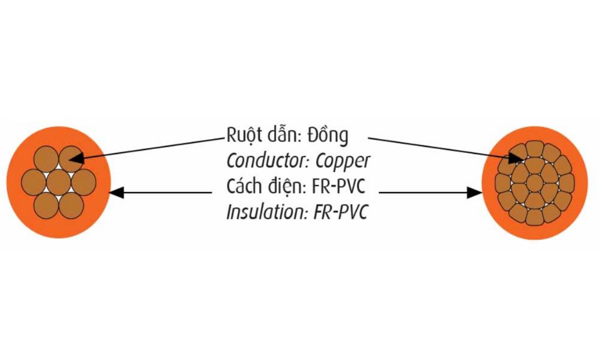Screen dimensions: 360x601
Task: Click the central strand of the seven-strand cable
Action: [58, 181]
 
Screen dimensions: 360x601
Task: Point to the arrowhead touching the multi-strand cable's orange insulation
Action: [475, 193]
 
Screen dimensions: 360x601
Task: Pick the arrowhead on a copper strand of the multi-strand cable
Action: [517, 158]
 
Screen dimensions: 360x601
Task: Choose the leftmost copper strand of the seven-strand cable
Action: [33, 181]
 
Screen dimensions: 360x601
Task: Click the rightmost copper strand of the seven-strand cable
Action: [84, 181]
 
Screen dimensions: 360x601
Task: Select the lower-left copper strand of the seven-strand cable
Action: [46, 203]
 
